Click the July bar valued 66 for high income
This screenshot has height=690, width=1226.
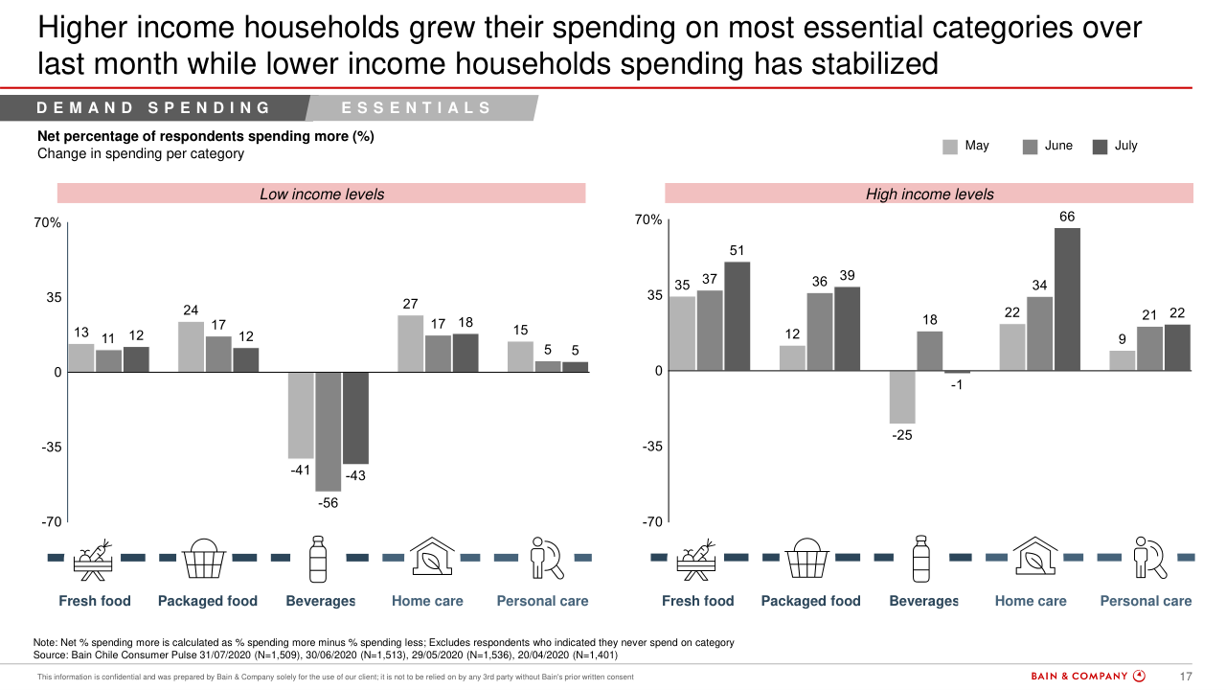coord(1067,299)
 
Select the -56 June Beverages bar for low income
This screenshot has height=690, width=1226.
coord(328,431)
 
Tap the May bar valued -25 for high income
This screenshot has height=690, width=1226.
coord(902,397)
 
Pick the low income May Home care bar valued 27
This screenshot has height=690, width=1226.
coord(411,343)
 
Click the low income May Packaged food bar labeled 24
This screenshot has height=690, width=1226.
coord(191,347)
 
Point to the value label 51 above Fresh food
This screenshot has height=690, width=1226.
coord(738,250)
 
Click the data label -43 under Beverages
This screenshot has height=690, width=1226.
coord(355,475)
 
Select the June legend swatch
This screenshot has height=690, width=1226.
coord(1031,147)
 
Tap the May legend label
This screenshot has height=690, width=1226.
coord(977,146)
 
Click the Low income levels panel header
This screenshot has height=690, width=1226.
coord(322,195)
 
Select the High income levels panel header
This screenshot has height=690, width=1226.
coord(929,195)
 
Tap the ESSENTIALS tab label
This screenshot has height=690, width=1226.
coord(417,108)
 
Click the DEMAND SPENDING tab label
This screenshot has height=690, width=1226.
coord(154,108)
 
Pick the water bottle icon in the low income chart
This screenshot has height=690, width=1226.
coord(318,559)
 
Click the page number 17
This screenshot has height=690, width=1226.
coord(1185,677)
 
